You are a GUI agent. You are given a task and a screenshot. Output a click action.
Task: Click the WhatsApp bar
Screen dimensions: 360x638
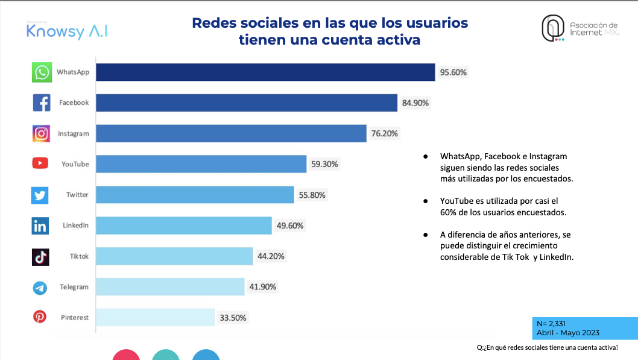(x=265, y=72)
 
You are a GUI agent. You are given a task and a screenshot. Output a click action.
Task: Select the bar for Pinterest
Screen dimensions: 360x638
(x=156, y=317)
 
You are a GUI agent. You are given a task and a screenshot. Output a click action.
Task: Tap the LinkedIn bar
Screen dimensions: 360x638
(x=184, y=226)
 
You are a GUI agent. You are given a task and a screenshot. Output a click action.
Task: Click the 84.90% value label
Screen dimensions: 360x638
(x=415, y=103)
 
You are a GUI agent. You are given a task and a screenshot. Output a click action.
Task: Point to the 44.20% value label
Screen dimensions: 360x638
(x=271, y=256)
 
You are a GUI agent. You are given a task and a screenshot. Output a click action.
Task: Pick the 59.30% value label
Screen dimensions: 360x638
(x=325, y=164)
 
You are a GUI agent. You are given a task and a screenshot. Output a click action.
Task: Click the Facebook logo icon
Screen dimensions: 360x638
(x=41, y=103)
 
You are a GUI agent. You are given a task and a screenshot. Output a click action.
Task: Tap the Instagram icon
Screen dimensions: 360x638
(x=41, y=133)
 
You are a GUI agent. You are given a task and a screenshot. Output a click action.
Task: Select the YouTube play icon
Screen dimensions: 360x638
(x=40, y=164)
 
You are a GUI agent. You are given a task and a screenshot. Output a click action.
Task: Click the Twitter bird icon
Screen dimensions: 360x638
(x=40, y=195)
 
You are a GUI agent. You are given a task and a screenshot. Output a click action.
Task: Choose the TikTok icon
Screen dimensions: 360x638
(x=40, y=257)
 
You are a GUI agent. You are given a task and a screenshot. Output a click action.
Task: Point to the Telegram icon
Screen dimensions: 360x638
(x=40, y=288)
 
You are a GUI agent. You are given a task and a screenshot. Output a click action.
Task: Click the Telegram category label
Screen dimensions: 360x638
(x=74, y=287)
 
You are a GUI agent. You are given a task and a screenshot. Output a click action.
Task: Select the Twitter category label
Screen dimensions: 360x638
(x=77, y=195)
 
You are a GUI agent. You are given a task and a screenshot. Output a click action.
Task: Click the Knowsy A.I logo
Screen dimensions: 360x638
(x=67, y=31)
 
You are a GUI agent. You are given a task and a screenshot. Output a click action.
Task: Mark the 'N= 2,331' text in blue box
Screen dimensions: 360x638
(x=551, y=324)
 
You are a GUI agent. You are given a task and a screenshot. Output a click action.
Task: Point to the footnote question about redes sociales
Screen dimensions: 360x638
(x=548, y=347)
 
